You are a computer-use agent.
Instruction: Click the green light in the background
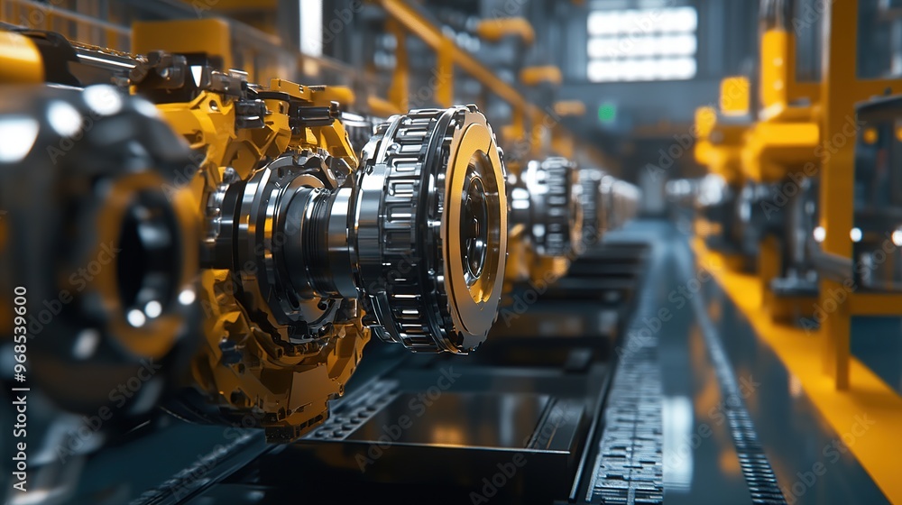coord(607,113)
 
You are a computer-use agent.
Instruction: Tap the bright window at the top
coord(641,43)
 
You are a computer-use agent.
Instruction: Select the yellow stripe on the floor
coord(812,361)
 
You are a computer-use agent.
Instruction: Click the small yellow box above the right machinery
coord(734,95)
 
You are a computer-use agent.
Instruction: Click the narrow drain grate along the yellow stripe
coord(735,406)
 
